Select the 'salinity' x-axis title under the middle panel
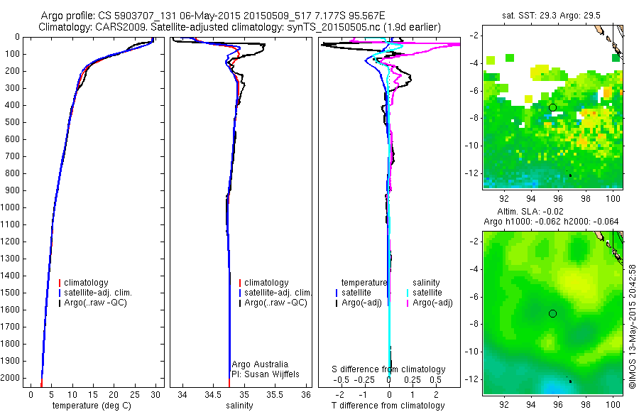point(239,406)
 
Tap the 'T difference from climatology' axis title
point(388,406)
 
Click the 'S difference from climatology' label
point(389,369)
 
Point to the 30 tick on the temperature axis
point(155,394)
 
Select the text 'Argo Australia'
point(260,364)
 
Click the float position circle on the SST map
point(552,107)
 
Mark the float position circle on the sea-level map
point(552,313)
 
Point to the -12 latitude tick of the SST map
point(474,173)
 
